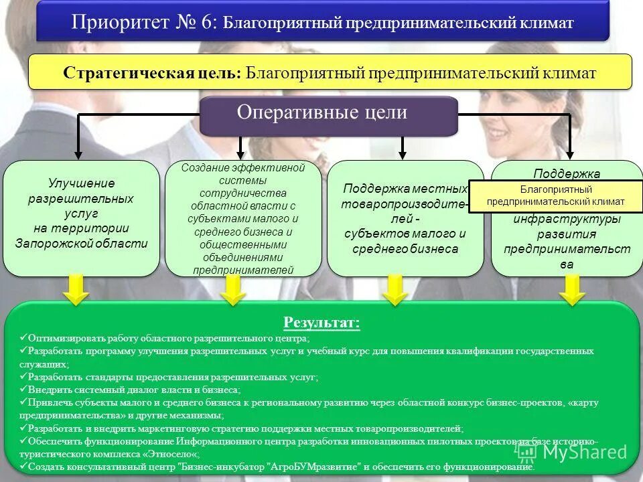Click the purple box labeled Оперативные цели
coord(329,114)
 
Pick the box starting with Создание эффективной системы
coord(243,218)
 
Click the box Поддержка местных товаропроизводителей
coord(404,218)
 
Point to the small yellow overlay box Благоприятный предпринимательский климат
coord(555,195)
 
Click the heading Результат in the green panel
coord(321,323)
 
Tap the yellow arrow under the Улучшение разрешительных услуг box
coord(78,291)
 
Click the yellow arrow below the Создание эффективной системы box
coord(232,291)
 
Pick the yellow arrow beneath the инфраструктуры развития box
coord(572,291)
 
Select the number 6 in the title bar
coord(206,21)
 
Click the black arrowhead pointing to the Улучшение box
coord(78,153)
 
